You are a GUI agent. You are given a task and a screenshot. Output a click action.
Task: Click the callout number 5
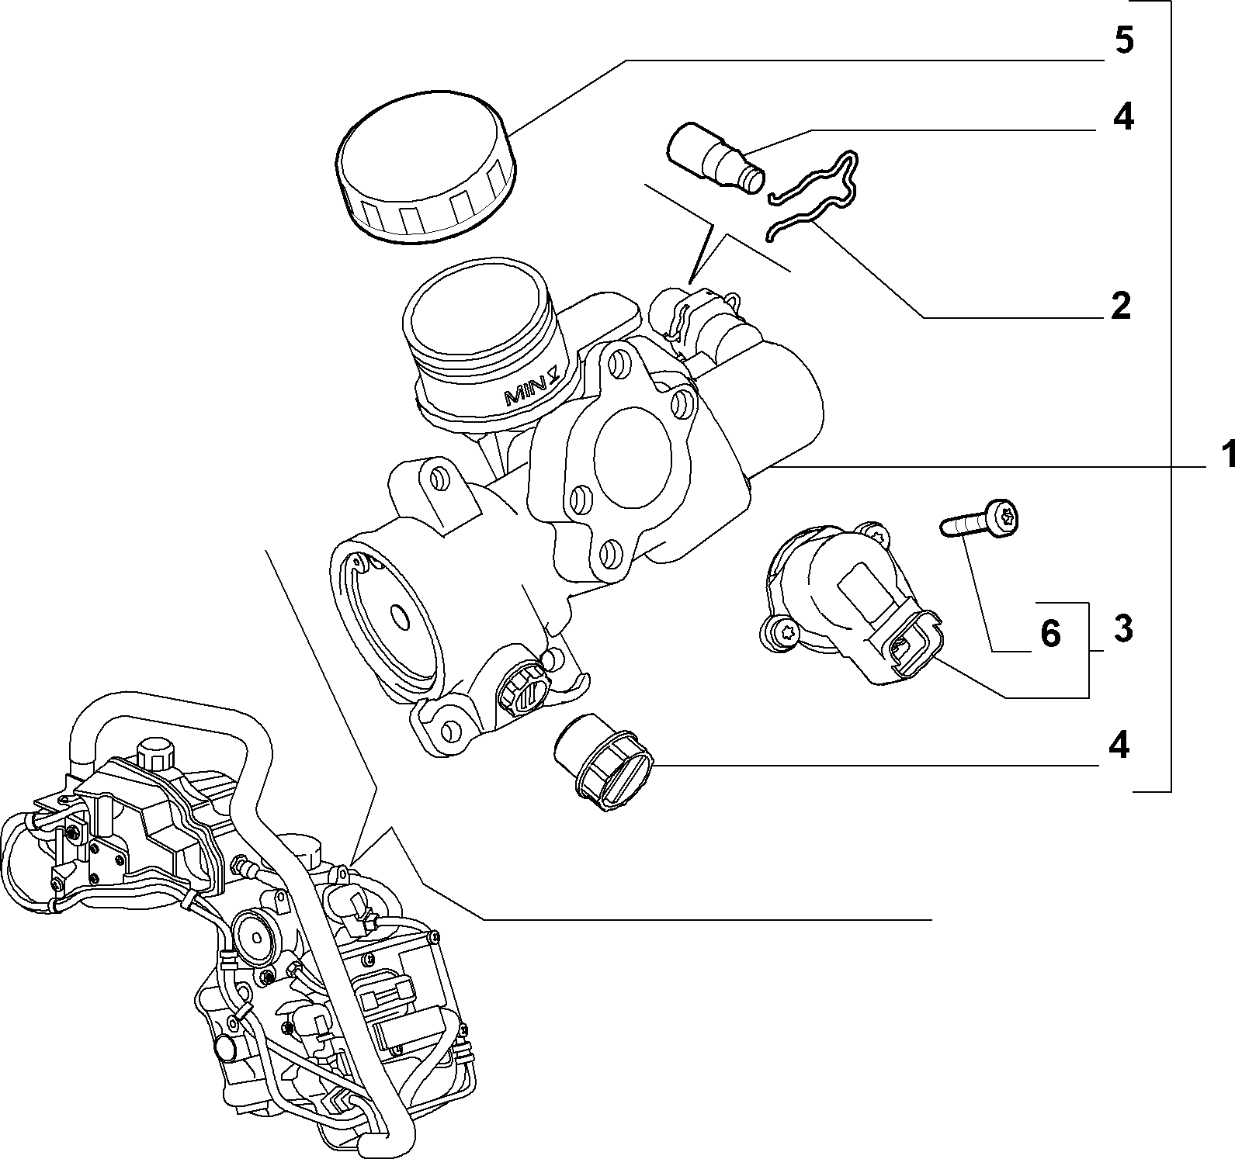pyautogui.click(x=1123, y=40)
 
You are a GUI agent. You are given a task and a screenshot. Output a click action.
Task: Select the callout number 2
pyautogui.click(x=1120, y=306)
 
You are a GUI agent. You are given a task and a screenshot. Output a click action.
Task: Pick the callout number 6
pyautogui.click(x=1049, y=633)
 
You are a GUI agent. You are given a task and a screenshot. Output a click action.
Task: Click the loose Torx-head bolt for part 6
pyautogui.click(x=980, y=517)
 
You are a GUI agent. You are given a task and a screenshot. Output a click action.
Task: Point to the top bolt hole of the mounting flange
pyautogui.click(x=619, y=361)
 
